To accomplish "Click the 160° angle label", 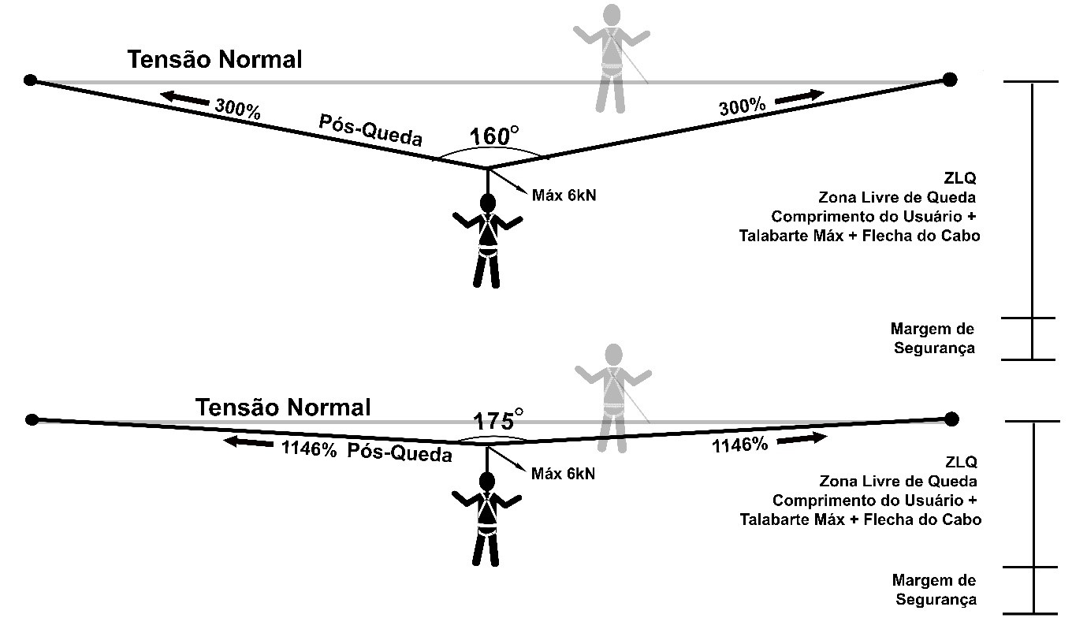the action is pyautogui.click(x=495, y=136).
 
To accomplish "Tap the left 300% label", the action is pyautogui.click(x=236, y=108).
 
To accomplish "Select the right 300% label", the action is pyautogui.click(x=742, y=107).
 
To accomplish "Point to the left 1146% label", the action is pyautogui.click(x=309, y=449).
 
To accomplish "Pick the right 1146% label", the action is pyautogui.click(x=739, y=445).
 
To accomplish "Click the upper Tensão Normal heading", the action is pyautogui.click(x=215, y=60).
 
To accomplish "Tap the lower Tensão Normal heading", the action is pyautogui.click(x=283, y=408).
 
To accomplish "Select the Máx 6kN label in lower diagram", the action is pyautogui.click(x=563, y=474).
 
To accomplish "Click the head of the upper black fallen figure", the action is pyautogui.click(x=489, y=203).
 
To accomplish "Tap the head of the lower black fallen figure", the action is pyautogui.click(x=487, y=481).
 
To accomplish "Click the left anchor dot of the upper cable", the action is pyautogui.click(x=31, y=80).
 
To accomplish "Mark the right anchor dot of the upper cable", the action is pyautogui.click(x=950, y=79).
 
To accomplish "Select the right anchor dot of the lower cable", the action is pyautogui.click(x=951, y=418).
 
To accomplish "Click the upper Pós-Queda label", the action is pyautogui.click(x=370, y=131).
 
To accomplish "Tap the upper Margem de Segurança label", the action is pyautogui.click(x=933, y=338).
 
